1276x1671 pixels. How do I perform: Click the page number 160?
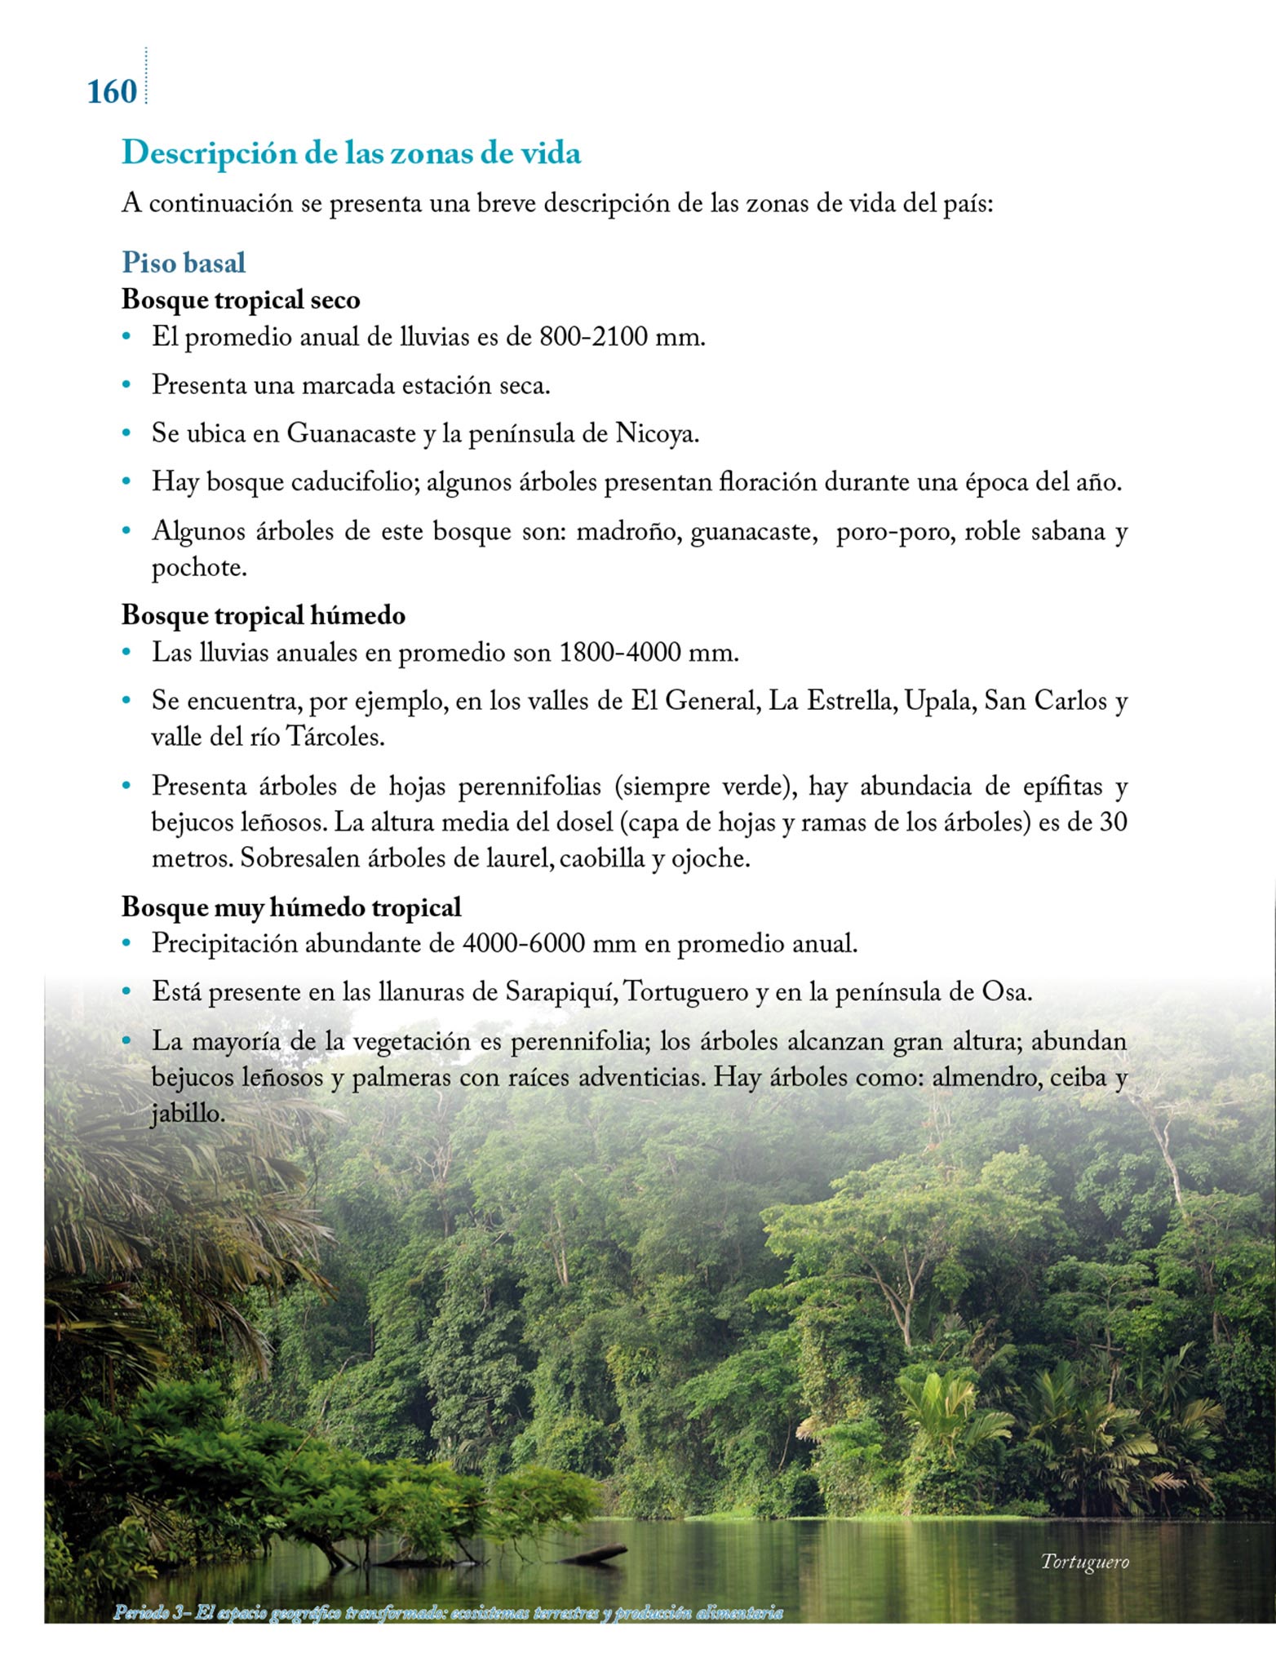coord(112,91)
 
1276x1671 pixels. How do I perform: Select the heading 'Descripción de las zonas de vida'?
coord(351,153)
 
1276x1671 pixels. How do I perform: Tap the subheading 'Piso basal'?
coord(184,263)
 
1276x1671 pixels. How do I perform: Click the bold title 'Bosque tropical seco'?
coord(241,299)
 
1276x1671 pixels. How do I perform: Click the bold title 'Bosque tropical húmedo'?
coord(263,615)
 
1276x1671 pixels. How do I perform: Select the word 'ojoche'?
coord(707,858)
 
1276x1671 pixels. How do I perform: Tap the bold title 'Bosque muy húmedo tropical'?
coord(291,907)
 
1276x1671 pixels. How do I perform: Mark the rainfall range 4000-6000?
coord(523,944)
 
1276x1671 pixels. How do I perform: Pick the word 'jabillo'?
coord(187,1114)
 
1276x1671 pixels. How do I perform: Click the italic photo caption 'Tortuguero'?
coord(1084,1562)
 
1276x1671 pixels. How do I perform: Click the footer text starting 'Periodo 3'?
coord(448,1612)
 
